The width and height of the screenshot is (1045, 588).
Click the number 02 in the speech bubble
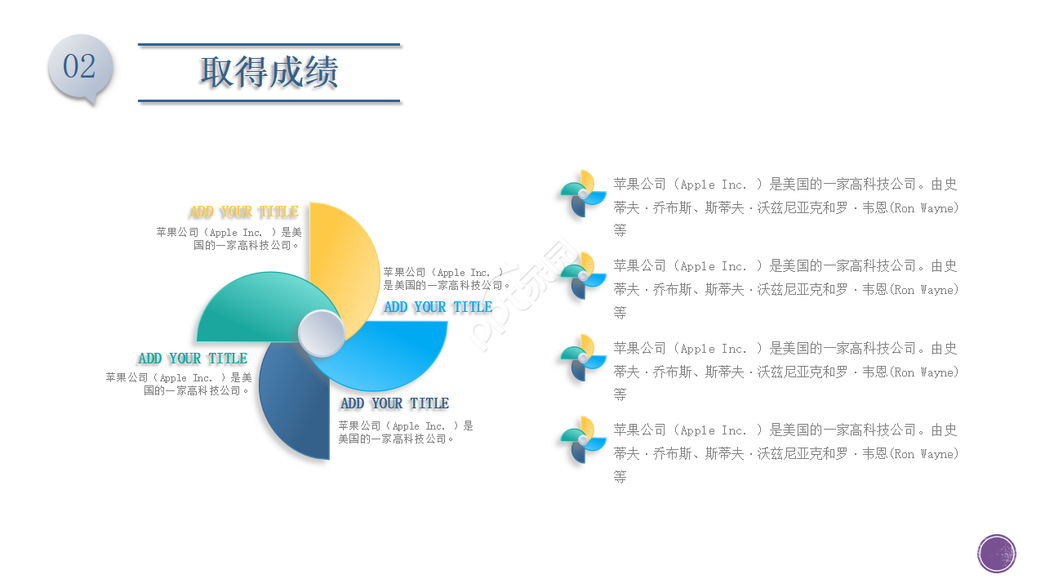(79, 66)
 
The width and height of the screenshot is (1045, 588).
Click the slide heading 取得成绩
(269, 73)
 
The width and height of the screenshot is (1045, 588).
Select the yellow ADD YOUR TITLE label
(243, 212)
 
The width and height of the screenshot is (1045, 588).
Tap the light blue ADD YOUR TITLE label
(438, 307)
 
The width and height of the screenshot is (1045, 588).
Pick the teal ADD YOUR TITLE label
(193, 359)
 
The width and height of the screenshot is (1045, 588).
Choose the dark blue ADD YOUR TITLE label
(394, 403)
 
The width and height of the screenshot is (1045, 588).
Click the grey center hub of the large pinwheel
(321, 334)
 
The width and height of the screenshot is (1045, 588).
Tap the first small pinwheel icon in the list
(583, 194)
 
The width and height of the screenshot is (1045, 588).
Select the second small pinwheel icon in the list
(583, 276)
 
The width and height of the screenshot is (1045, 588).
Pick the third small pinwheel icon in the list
(583, 359)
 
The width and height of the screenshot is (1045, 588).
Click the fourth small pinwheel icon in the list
(583, 440)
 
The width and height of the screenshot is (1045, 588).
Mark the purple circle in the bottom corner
(997, 554)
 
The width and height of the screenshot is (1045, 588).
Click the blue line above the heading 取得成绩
(269, 44)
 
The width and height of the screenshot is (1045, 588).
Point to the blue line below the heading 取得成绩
(269, 101)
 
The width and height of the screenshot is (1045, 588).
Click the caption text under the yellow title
(229, 238)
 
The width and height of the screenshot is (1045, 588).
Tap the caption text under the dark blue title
(406, 432)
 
